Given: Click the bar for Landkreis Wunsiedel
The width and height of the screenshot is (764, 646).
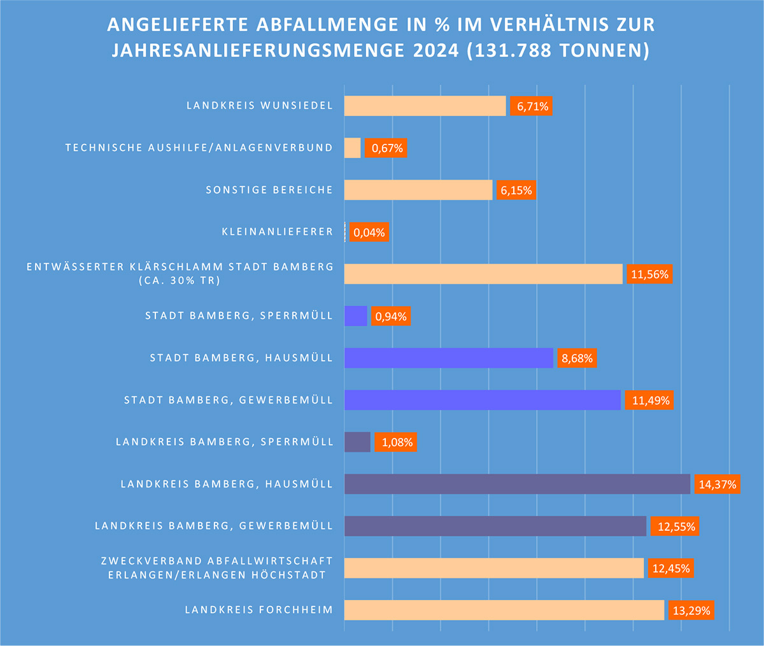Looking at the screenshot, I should point(425,106).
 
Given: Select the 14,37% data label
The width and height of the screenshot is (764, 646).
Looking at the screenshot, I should point(717,484).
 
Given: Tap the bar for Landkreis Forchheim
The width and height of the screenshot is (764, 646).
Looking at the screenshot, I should point(504,610).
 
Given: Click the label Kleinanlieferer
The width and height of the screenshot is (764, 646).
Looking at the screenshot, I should point(277,232).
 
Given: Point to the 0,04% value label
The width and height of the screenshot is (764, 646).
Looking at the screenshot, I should point(369,232).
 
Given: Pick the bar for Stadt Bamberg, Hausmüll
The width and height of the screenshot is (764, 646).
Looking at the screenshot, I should point(448,358).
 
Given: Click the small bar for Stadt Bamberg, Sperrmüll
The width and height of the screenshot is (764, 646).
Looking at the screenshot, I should point(355,316).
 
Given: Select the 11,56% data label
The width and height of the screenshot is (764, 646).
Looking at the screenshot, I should point(649,274).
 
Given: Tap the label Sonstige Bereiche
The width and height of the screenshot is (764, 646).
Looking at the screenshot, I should point(269,190).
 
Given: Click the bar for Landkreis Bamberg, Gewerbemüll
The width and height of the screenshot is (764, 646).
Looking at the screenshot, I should point(495,526).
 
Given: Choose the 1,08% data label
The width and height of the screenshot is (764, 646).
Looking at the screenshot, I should point(396,442).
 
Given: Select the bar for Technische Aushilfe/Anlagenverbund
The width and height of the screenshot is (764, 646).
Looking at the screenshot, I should point(352,148).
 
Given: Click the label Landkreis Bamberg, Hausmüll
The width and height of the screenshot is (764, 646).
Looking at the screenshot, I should point(227,484).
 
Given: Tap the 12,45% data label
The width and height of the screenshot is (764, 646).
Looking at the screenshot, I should point(671,568).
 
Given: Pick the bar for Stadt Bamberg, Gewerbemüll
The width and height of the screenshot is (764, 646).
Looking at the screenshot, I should point(482,400).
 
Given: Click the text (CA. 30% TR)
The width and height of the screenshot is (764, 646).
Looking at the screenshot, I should point(179,281).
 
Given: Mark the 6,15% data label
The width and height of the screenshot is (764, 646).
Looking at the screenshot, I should point(516,190).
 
